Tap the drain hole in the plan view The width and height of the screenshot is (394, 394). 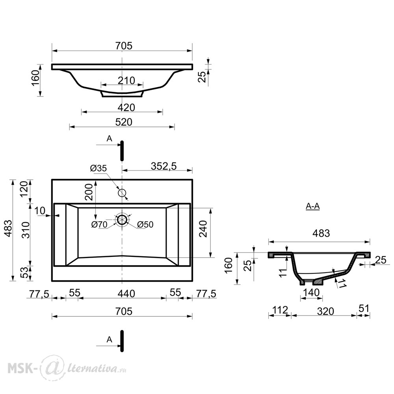[x=122, y=219]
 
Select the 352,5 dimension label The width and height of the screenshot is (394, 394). [x=164, y=166]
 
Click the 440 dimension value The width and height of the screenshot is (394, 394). [x=126, y=294]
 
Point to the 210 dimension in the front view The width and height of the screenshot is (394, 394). [x=126, y=81]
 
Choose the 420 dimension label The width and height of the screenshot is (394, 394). [x=126, y=108]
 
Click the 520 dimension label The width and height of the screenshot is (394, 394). [x=124, y=122]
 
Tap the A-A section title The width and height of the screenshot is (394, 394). [x=313, y=206]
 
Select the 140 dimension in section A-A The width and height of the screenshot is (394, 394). [x=311, y=292]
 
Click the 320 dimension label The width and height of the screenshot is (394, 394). [x=325, y=311]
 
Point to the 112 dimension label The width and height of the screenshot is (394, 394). [x=280, y=310]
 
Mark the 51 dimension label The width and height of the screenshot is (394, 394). [x=364, y=309]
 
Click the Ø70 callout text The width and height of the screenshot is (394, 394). [x=99, y=225]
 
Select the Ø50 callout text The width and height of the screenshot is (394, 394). [x=145, y=225]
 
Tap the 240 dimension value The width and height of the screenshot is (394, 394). [x=203, y=229]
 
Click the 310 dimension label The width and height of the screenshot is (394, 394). [x=26, y=230]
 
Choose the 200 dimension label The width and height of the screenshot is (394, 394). [x=89, y=192]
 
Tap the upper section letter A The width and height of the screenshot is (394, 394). [x=109, y=138]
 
